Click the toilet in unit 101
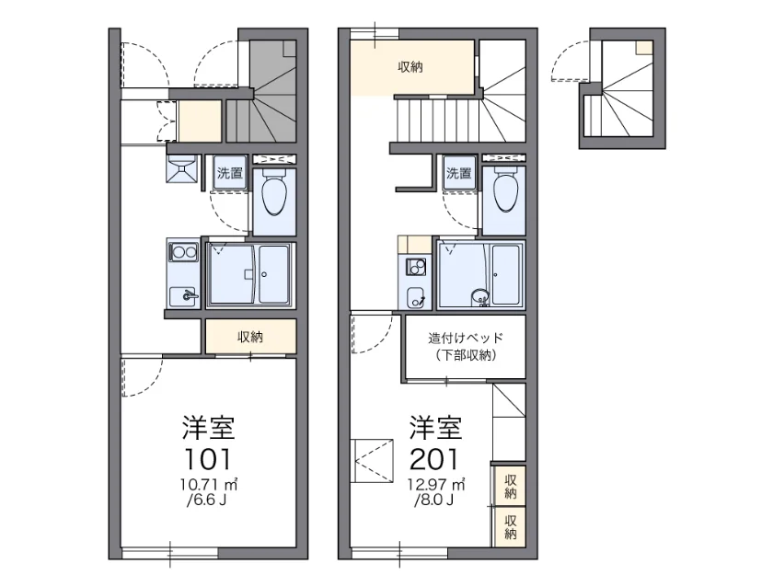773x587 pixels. [274, 193]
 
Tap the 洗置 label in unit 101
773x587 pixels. [230, 173]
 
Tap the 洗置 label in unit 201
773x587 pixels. [459, 173]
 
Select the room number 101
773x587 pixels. [208, 459]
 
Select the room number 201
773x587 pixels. [434, 459]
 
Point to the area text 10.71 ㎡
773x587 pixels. [209, 485]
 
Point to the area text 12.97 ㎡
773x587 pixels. [436, 485]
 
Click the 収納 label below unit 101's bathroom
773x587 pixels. [250, 337]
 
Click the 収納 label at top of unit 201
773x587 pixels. [410, 67]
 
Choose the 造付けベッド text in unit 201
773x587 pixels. [466, 338]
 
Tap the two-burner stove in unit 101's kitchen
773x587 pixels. [184, 253]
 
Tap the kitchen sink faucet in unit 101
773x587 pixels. [190, 295]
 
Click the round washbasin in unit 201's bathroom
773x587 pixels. [479, 296]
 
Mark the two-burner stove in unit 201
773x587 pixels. [416, 267]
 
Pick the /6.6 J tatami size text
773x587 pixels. [206, 501]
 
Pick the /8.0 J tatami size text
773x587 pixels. [433, 501]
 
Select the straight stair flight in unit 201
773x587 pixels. [437, 120]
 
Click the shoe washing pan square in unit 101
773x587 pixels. [181, 169]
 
